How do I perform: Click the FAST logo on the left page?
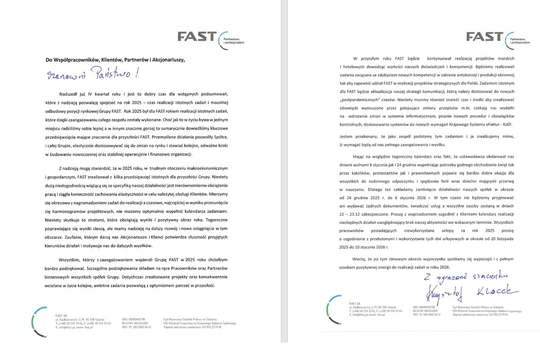197,36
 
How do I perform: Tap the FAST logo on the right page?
485,36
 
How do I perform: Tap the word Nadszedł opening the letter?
69,94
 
